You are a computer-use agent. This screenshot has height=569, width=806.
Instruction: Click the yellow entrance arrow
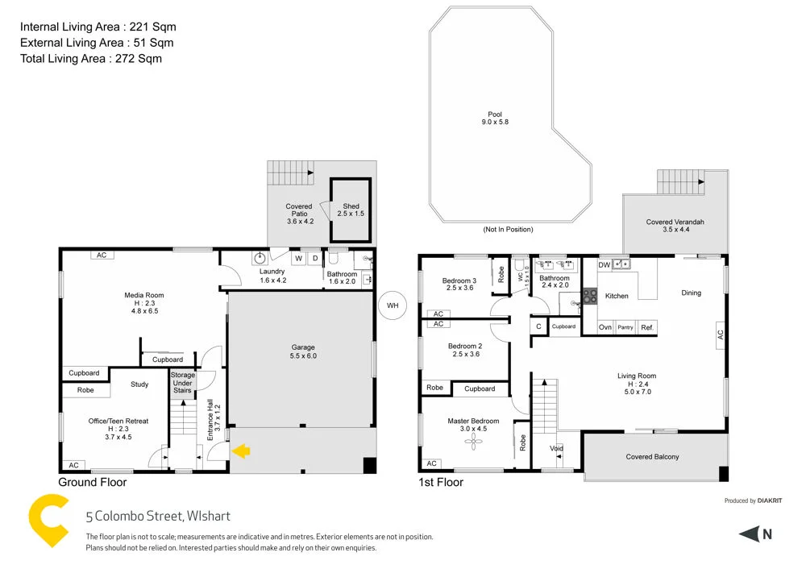coord(241,452)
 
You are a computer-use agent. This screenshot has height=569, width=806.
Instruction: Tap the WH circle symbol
coord(393,305)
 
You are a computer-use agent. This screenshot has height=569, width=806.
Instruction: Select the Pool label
coord(494,114)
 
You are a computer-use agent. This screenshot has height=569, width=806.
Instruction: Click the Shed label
coord(351,206)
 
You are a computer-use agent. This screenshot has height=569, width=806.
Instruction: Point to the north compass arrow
coord(750,534)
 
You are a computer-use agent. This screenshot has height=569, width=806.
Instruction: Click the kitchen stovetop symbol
coord(589,296)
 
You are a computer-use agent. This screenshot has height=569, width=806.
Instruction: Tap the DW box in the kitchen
coord(604,264)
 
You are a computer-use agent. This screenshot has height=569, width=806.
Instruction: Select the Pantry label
coord(625,327)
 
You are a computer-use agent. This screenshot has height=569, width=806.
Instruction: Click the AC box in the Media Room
coord(102,255)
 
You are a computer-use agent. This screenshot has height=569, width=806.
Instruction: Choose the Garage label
coord(303,348)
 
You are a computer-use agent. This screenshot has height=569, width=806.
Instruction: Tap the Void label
coord(556,449)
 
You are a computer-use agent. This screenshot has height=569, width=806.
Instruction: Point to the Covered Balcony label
coord(652,457)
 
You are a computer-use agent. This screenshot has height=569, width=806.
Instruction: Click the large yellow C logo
coord(48,521)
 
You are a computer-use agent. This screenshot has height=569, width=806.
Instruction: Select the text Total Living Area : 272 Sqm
coord(90,58)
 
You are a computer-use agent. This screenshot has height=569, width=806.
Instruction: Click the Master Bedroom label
coord(473,422)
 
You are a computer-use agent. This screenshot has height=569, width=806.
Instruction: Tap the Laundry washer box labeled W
coord(298,259)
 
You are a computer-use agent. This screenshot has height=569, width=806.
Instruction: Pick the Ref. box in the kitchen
coord(646,327)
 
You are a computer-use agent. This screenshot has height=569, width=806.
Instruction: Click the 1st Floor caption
coord(441,483)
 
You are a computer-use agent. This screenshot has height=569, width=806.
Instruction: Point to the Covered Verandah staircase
coord(681,181)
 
